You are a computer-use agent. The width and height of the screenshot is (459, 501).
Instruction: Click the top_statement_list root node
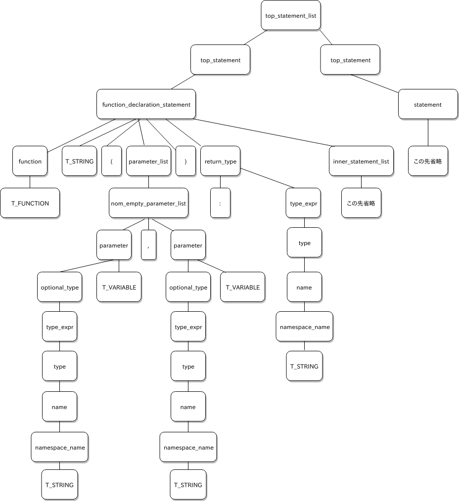click(x=290, y=15)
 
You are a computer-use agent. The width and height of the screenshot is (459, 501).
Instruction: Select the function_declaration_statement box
click(x=146, y=104)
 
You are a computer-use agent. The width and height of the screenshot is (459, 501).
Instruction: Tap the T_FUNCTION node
click(x=30, y=203)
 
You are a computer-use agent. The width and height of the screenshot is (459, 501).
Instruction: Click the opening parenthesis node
click(x=112, y=161)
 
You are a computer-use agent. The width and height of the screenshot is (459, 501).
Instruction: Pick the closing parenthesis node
click(x=185, y=161)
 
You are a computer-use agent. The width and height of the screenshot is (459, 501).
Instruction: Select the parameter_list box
click(x=148, y=161)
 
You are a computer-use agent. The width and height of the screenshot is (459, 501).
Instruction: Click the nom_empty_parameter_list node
click(x=148, y=203)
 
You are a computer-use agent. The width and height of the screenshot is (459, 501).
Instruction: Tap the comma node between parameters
click(x=148, y=245)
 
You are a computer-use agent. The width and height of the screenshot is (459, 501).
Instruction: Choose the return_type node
click(x=220, y=161)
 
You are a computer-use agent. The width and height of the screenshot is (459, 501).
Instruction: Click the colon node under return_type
click(x=220, y=203)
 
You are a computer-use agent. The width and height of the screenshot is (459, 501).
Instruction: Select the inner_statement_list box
click(x=361, y=161)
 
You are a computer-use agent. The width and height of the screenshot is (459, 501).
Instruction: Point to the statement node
click(x=428, y=104)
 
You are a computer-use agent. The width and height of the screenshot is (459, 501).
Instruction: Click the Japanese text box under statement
click(x=428, y=161)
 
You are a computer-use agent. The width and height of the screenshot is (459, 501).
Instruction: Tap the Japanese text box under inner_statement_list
click(x=361, y=203)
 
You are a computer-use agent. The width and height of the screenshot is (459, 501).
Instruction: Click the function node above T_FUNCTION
click(x=30, y=161)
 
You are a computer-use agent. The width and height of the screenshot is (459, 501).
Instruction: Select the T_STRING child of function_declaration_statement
click(x=79, y=161)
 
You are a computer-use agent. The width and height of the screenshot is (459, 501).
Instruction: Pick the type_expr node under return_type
click(x=303, y=203)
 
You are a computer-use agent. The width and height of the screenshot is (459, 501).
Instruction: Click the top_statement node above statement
click(x=350, y=60)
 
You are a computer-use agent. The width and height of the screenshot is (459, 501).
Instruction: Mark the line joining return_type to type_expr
click(x=267, y=178)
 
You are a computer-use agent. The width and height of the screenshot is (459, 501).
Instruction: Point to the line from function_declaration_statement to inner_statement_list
click(x=265, y=132)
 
